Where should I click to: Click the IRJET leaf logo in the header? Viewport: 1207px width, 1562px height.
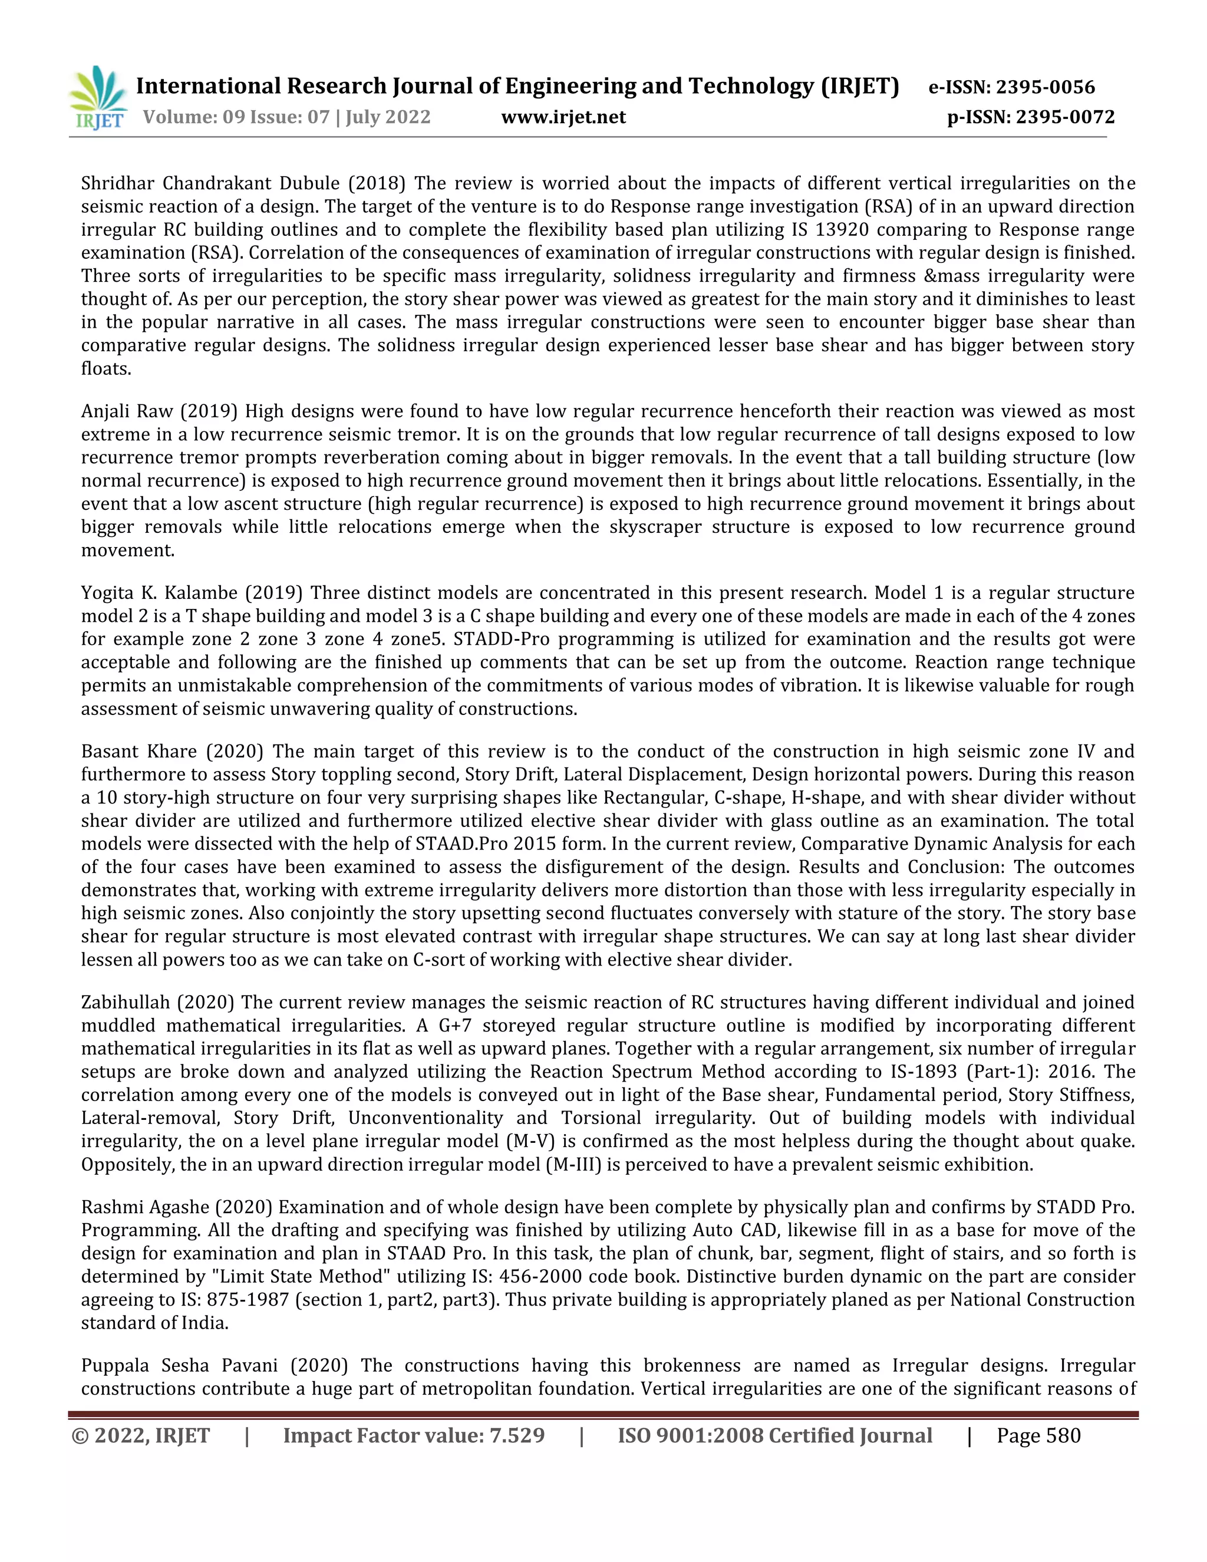point(98,97)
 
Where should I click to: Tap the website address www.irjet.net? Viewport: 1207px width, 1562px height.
point(563,117)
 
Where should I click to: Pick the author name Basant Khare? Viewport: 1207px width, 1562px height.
point(138,752)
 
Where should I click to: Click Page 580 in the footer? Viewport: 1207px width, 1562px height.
point(1038,1436)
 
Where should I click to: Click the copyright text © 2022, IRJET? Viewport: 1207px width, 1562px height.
point(141,1436)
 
